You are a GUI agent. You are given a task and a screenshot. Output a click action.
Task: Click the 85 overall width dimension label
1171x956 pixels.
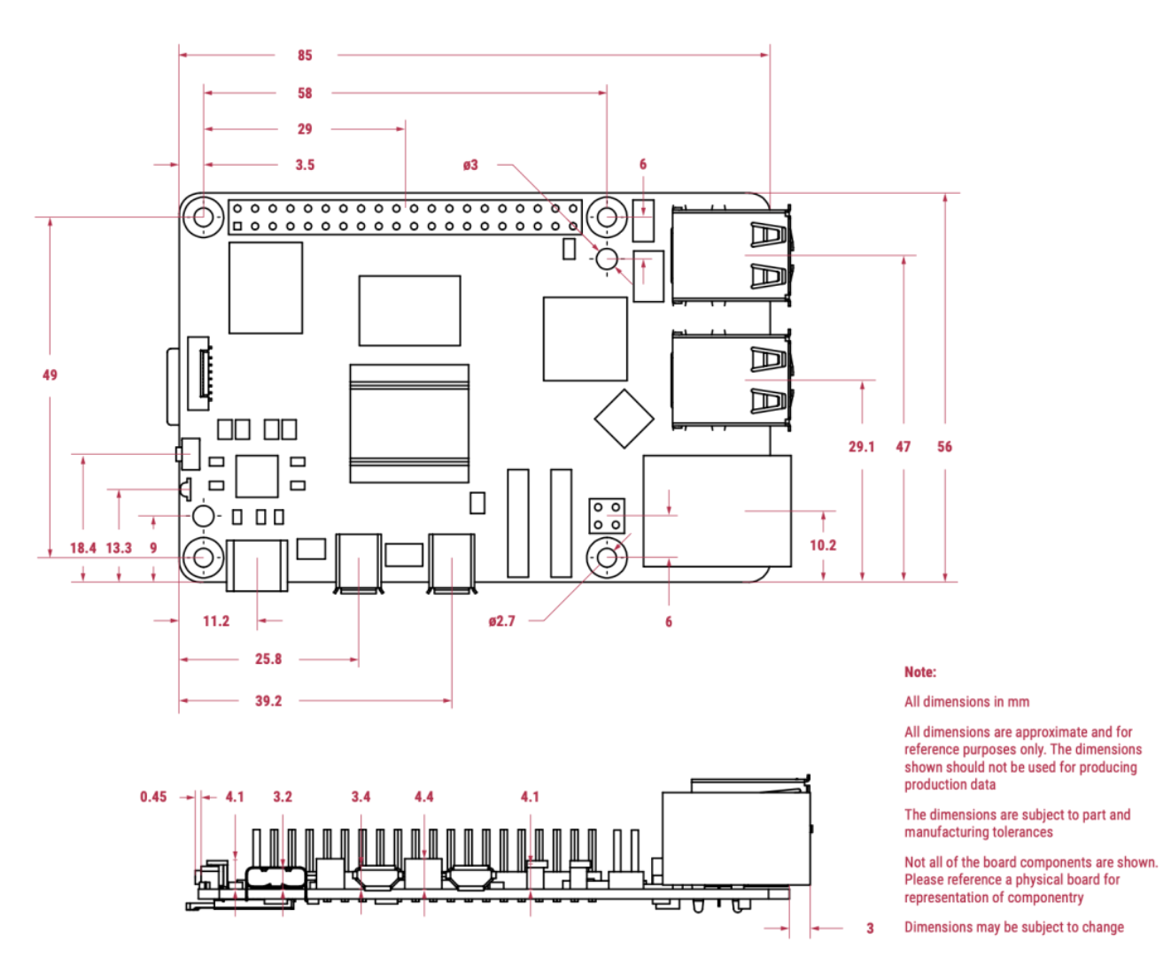(305, 55)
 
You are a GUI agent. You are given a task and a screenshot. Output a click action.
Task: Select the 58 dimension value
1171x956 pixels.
(305, 93)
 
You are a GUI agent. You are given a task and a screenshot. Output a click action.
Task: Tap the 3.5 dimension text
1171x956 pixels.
(305, 165)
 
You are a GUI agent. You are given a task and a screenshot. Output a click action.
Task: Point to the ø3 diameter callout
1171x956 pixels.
(470, 165)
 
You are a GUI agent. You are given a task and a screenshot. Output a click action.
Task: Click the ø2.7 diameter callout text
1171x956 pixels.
(501, 621)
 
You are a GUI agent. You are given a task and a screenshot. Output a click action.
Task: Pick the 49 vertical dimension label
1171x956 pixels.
(50, 375)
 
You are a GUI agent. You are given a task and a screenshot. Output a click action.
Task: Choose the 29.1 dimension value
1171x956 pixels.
(861, 447)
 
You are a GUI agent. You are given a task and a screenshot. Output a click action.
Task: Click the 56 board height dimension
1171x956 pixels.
(944, 447)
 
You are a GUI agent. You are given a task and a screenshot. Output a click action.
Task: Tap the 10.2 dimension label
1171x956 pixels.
(822, 545)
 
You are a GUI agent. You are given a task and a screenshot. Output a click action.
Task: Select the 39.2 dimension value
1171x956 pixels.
(268, 701)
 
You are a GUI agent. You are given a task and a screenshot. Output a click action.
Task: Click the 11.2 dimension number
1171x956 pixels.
(216, 621)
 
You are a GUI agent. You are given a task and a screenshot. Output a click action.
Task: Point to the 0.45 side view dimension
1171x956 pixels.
(153, 797)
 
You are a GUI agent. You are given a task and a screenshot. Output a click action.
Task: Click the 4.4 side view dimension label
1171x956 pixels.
(423, 797)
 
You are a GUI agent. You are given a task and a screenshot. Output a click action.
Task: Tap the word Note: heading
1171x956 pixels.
(920, 672)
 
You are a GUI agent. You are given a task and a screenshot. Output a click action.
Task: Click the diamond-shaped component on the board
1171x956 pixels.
(624, 419)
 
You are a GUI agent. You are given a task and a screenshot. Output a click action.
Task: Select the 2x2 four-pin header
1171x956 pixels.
(607, 516)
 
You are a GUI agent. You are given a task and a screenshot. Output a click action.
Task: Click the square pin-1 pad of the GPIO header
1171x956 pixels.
(237, 227)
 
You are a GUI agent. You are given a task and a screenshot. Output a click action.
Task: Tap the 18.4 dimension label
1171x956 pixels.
(82, 548)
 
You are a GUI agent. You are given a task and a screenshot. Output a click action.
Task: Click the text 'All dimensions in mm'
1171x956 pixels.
(966, 702)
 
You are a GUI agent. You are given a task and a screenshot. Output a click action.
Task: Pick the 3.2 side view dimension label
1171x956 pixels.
(282, 797)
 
